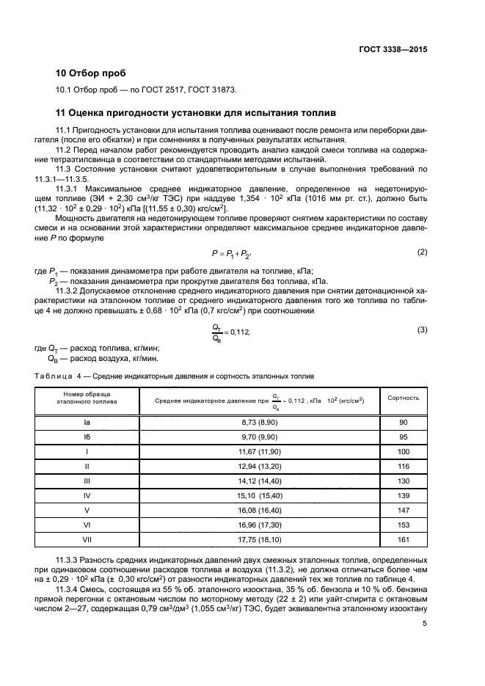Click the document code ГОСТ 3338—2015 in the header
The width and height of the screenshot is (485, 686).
pyautogui.click(x=393, y=49)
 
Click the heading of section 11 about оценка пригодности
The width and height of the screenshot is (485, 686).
pyautogui.click(x=196, y=114)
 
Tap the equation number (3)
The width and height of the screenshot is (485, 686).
pyautogui.click(x=422, y=329)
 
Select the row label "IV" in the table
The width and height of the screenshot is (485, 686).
pyautogui.click(x=87, y=496)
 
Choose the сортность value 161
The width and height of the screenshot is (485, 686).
pyautogui.click(x=403, y=540)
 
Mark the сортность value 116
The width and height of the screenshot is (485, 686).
pyautogui.click(x=403, y=465)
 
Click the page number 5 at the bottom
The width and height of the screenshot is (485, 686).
pyautogui.click(x=425, y=644)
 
